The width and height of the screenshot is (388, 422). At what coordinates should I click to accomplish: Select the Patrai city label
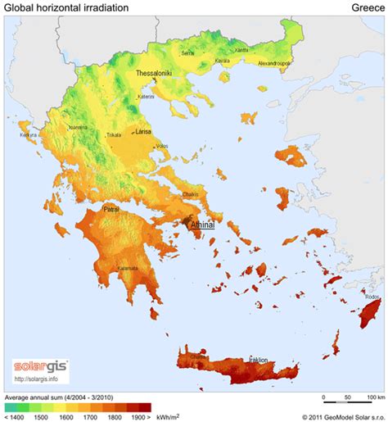point(111,210)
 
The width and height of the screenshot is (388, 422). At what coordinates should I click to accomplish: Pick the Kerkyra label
point(29,134)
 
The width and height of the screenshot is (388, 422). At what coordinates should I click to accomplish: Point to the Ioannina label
point(79,128)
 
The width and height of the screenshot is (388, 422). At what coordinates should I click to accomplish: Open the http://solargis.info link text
point(37,379)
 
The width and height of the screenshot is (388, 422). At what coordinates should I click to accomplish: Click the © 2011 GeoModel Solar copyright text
point(336,415)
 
